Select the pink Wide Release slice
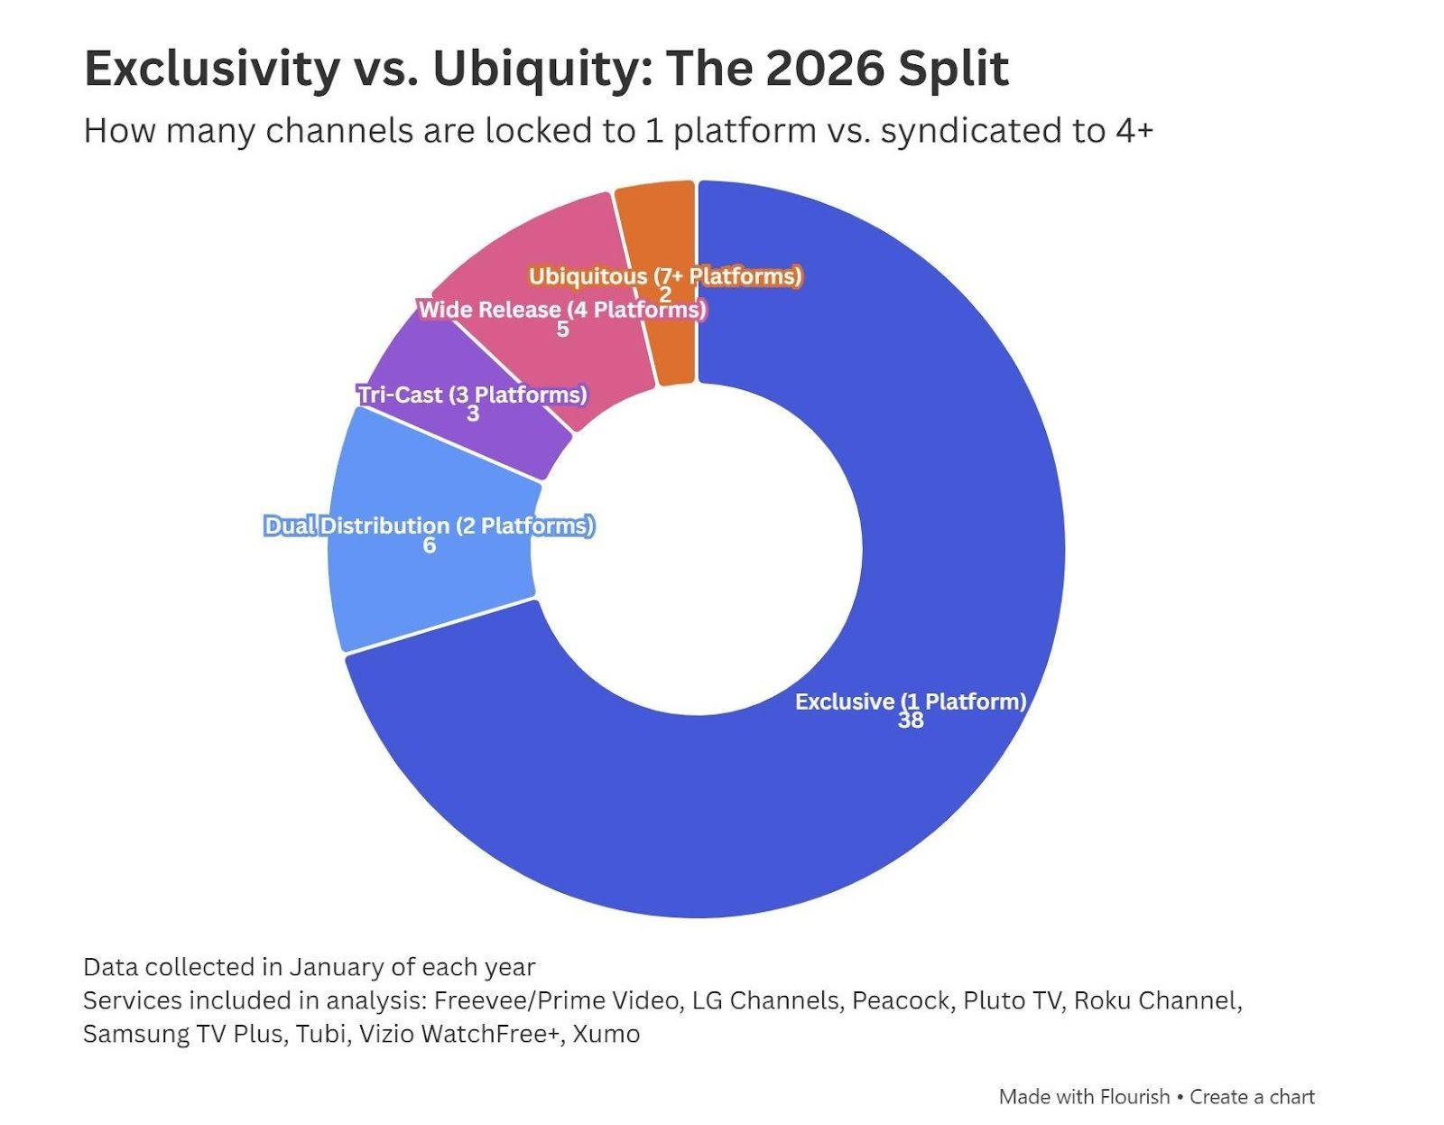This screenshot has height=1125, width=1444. click(x=541, y=253)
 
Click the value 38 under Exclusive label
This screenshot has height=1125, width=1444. click(x=910, y=721)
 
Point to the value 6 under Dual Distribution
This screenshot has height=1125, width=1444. click(x=430, y=545)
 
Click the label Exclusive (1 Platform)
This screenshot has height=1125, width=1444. click(x=910, y=702)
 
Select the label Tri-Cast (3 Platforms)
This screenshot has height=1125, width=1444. click(x=472, y=395)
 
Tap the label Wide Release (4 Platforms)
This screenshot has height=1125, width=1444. click(x=561, y=310)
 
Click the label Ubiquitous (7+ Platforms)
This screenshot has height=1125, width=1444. click(x=665, y=275)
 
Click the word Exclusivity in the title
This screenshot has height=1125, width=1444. click(x=211, y=70)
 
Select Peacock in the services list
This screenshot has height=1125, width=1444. click(x=901, y=1000)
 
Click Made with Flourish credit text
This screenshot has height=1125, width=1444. click(x=1083, y=1097)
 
